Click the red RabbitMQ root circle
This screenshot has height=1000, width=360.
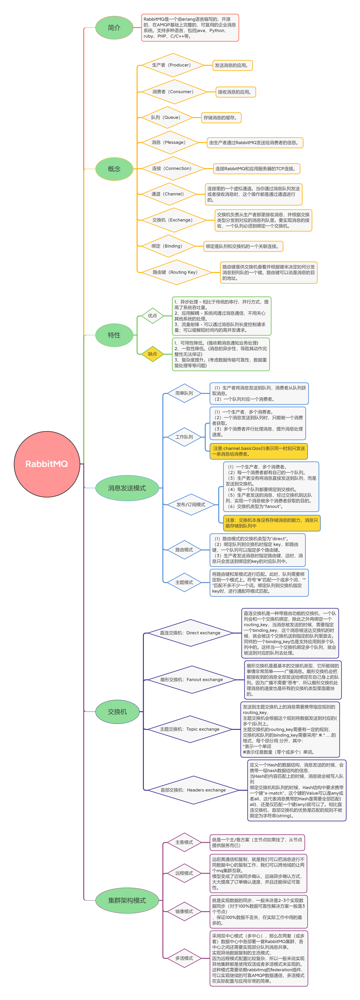[x=47, y=464]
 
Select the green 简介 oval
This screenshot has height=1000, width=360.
[x=114, y=28]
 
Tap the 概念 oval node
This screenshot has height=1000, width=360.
[x=114, y=169]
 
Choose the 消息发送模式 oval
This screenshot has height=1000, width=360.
[x=127, y=488]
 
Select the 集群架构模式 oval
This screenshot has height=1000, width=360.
[x=127, y=900]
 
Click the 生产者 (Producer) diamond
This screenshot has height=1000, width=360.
[x=172, y=65]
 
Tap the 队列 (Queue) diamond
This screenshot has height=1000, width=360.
[x=166, y=117]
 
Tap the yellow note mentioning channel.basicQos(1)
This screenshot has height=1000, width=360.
[x=259, y=451]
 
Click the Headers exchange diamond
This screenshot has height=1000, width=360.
[x=193, y=790]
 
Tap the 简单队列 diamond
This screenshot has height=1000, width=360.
[x=184, y=393]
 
